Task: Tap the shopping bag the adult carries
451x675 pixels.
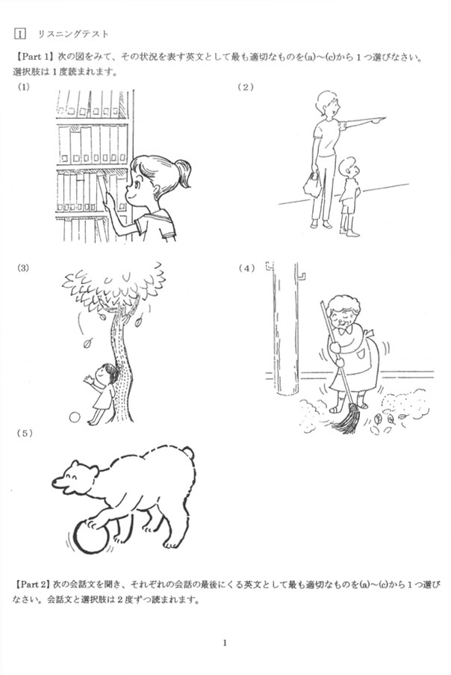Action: pyautogui.click(x=312, y=184)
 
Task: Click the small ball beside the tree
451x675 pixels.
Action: pyautogui.click(x=75, y=417)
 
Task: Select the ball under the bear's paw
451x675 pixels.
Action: pyautogui.click(x=92, y=537)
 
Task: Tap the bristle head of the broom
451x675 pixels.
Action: pyautogui.click(x=347, y=419)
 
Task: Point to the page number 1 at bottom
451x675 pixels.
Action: pyautogui.click(x=225, y=643)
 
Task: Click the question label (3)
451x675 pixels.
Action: pyautogui.click(x=23, y=268)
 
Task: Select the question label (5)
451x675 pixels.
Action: pyautogui.click(x=25, y=434)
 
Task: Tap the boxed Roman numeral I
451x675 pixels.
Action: pyautogui.click(x=19, y=34)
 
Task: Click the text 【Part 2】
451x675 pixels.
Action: pyautogui.click(x=32, y=585)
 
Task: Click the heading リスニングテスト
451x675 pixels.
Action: pyautogui.click(x=73, y=34)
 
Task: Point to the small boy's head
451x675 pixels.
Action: pyautogui.click(x=347, y=166)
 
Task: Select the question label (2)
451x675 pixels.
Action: pyautogui.click(x=246, y=87)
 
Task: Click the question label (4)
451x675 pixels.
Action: pyautogui.click(x=246, y=268)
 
